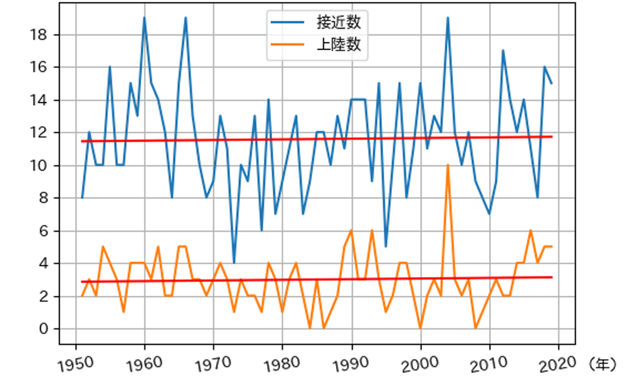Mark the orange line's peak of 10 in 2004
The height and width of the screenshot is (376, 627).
[448, 165]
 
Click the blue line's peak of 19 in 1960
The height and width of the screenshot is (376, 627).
[144, 18]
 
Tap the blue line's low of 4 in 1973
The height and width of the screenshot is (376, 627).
[234, 263]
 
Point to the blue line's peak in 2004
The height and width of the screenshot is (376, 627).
[448, 18]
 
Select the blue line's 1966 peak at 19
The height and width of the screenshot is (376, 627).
[186, 18]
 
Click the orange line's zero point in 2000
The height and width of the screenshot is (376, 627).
[420, 328]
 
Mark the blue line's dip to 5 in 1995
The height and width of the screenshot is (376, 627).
[386, 247]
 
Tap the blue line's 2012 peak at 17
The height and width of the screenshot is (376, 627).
[503, 50]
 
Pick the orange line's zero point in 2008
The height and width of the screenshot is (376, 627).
[475, 328]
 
